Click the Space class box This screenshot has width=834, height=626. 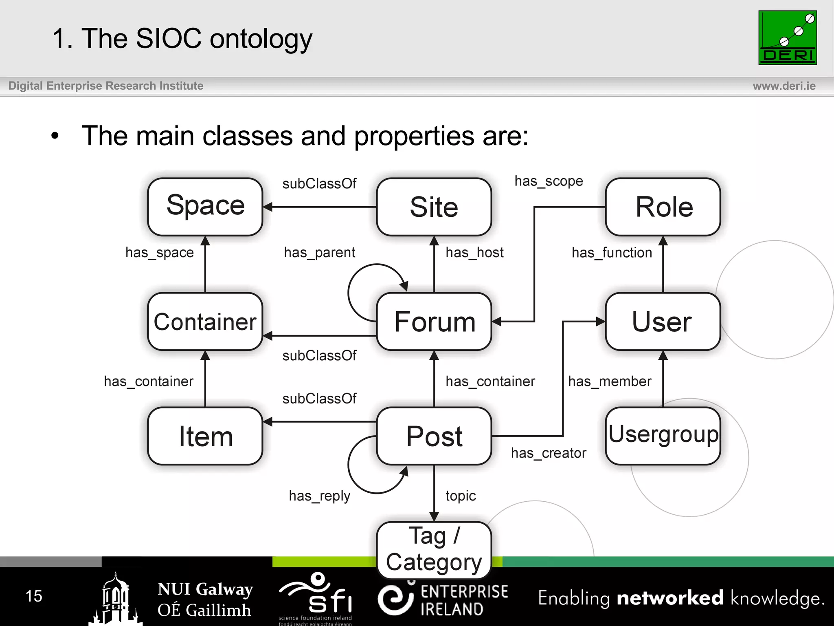[x=205, y=207]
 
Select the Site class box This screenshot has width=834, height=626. [x=434, y=207]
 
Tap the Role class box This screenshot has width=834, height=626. [x=663, y=207]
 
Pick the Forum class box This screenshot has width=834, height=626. [x=434, y=322]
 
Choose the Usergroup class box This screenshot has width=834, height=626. [x=663, y=436]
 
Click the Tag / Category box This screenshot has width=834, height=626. [x=434, y=549]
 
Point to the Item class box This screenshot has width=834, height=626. [x=205, y=436]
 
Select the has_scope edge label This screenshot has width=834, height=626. [x=549, y=181]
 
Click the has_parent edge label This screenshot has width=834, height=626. [x=319, y=253]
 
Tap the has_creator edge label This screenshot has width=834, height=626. [x=549, y=453]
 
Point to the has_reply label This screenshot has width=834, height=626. [x=319, y=496]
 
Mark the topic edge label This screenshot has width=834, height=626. [x=461, y=496]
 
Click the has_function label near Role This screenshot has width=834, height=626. [x=612, y=253]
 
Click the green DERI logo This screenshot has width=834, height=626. [x=787, y=37]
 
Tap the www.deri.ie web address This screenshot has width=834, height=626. [x=784, y=86]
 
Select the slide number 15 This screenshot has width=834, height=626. [x=34, y=596]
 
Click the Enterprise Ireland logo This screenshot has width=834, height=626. [x=443, y=599]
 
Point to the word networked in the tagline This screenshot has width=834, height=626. [x=670, y=598]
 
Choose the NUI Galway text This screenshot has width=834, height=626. [x=205, y=589]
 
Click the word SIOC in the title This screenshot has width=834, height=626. [x=169, y=39]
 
